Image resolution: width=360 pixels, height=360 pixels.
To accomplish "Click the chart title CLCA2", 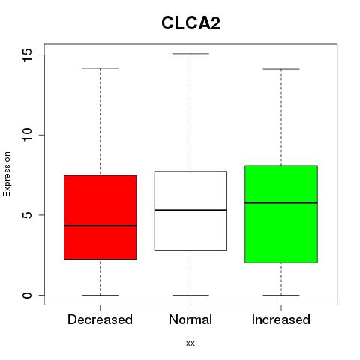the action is pos(190,23).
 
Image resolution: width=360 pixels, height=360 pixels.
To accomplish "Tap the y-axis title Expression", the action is pos(7,174).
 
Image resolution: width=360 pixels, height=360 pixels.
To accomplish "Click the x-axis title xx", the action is pos(190,343).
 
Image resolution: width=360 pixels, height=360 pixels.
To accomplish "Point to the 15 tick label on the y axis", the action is pos(28,55).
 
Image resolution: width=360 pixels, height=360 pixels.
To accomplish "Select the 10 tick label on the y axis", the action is pos(28,135).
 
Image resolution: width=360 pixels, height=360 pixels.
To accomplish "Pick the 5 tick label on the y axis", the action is pos(28,215).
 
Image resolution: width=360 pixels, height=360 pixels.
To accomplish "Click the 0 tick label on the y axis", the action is pos(28,295).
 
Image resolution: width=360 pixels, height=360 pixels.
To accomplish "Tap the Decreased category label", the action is pos(100,319).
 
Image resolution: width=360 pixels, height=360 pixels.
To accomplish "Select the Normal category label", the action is pos(190,319).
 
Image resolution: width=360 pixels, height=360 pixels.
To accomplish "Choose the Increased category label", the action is pos(281,319).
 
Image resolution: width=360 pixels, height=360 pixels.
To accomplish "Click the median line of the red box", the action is pos(100,226).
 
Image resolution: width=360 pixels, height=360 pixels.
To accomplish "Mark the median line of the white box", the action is pos(190,210).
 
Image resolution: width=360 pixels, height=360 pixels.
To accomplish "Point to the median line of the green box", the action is pos(281,202).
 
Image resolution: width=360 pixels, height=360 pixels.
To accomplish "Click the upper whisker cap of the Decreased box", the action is pos(100,68).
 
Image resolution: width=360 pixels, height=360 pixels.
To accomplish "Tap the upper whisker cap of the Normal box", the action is pos(190,54).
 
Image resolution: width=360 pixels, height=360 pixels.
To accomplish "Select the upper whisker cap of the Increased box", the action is pos(281,69).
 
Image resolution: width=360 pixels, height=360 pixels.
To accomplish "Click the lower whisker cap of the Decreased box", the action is pos(100,295).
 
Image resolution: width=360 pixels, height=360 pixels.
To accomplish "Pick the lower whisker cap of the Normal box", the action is pos(190,295).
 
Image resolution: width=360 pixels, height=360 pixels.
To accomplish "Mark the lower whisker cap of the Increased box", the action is pos(281,295).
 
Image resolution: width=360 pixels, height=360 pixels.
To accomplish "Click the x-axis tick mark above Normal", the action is pos(190,307).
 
